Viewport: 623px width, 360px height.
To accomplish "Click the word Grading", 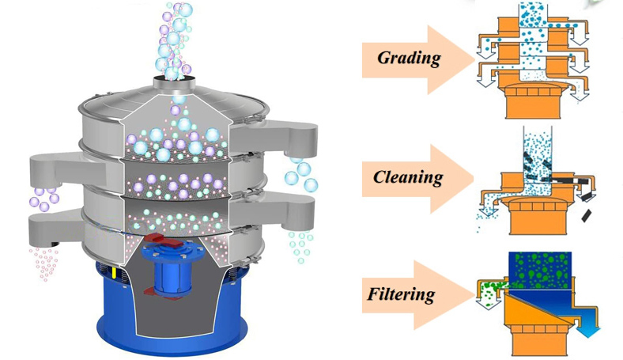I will [408, 58].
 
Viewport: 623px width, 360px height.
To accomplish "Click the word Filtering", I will [401, 295].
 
